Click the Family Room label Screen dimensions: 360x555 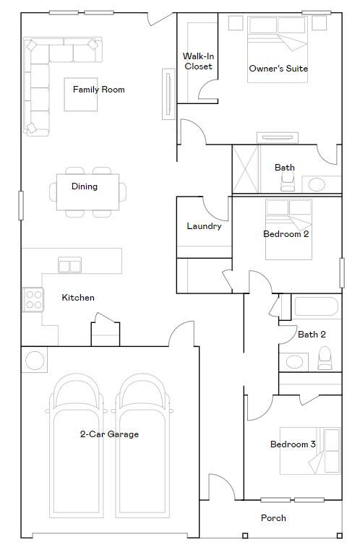coord(99,90)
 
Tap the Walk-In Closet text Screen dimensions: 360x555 coord(198,61)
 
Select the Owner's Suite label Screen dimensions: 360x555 coord(278,69)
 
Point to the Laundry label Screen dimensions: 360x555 coord(205,226)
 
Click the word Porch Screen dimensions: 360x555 coord(273,518)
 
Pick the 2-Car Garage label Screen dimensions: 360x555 coord(109,434)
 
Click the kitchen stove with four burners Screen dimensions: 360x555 coord(33,300)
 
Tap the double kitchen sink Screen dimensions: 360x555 coord(69,265)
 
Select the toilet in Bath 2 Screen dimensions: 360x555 coord(325,358)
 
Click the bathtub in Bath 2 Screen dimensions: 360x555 coord(317,306)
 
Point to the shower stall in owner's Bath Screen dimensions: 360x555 coord(246,169)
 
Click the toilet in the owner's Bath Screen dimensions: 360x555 coord(288,181)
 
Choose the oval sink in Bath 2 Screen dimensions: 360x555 coord(294,362)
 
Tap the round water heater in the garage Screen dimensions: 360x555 coord(35,361)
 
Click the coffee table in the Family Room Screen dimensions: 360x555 coord(81,95)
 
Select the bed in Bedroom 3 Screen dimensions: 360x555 coord(310,451)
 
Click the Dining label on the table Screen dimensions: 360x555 coord(85,186)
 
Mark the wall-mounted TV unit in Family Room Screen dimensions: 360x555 coord(168,94)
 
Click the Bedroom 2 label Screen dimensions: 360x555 coord(286,234)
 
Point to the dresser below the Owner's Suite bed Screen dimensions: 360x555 coord(278,138)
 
